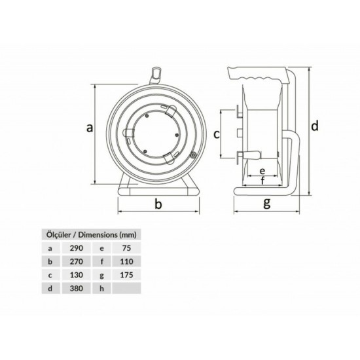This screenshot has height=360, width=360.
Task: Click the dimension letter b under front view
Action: click(x=158, y=205)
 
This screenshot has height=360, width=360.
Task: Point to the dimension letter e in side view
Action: click(x=262, y=168)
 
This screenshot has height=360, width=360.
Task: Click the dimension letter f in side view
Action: click(x=262, y=181)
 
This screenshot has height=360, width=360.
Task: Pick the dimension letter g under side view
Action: click(x=266, y=203)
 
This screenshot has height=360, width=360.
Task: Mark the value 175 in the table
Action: click(x=125, y=275)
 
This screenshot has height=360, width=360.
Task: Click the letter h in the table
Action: click(x=102, y=288)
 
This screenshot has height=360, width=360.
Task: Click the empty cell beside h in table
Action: click(x=125, y=288)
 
